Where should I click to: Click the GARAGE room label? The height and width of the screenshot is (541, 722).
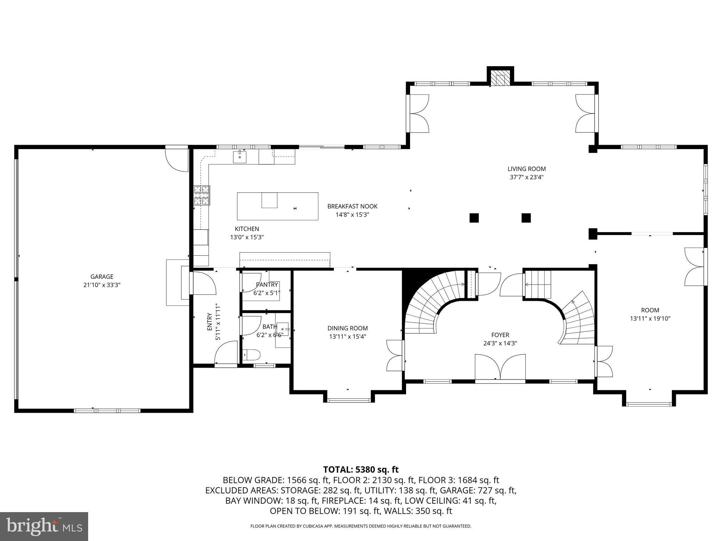tap(102, 277)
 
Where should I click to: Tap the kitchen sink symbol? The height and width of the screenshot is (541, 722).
tap(240, 157)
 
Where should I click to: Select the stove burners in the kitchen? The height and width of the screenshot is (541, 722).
tap(202, 195)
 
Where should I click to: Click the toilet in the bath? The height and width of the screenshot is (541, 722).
tap(252, 354)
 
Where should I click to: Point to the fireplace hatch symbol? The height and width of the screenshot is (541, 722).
tap(500, 80)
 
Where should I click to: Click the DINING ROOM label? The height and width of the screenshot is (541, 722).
tap(347, 328)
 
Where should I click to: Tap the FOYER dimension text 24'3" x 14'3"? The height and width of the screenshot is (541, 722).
tap(500, 343)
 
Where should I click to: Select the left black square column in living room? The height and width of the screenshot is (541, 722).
tap(474, 218)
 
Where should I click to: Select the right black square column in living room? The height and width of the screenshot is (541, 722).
tap(526, 218)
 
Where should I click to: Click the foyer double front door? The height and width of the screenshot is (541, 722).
tap(500, 368)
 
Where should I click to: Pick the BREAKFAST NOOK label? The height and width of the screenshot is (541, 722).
tap(352, 206)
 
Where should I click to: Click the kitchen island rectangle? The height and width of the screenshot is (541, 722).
tap(277, 206)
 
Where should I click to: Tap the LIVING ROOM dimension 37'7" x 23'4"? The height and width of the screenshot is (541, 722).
tap(526, 178)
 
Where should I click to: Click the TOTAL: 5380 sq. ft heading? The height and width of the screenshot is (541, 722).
tap(361, 470)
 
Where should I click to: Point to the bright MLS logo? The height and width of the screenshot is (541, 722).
tap(44, 526)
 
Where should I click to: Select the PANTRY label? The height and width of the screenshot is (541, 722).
tap(267, 285)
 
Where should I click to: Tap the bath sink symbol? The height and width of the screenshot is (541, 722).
tap(282, 329)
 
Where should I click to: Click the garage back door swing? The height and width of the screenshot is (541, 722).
tap(177, 160)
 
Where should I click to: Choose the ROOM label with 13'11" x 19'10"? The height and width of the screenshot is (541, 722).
tap(650, 310)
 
